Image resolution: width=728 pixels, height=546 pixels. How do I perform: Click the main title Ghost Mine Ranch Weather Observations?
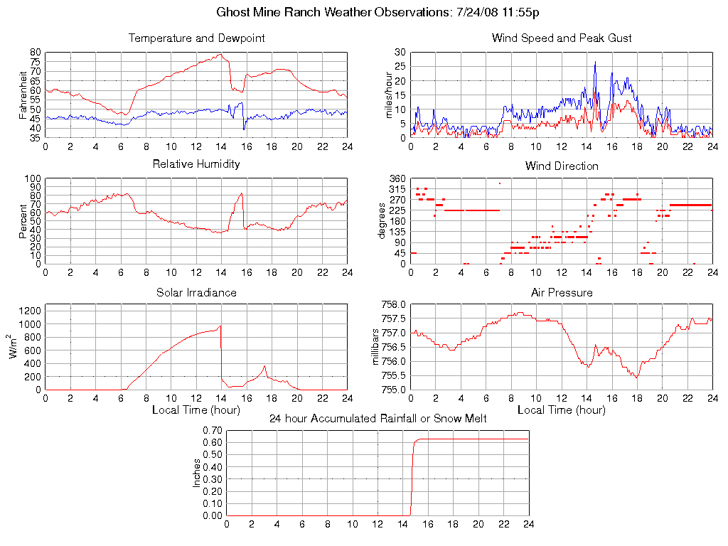pyautogui.click(x=378, y=13)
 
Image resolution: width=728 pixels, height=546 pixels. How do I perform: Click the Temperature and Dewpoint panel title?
pyautogui.click(x=196, y=38)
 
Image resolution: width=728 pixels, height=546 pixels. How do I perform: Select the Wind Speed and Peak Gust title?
pyautogui.click(x=562, y=38)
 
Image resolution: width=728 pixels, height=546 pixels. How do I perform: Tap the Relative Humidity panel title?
pyautogui.click(x=196, y=164)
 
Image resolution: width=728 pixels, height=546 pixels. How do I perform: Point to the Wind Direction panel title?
pyautogui.click(x=562, y=166)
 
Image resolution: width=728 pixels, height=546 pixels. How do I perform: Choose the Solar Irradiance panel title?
pyautogui.click(x=196, y=292)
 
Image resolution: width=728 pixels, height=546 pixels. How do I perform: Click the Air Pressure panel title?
pyautogui.click(x=562, y=292)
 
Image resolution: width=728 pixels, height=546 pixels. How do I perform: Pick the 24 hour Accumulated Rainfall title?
pyautogui.click(x=378, y=419)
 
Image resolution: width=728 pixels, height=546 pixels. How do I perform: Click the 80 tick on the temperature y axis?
pyautogui.click(x=36, y=53)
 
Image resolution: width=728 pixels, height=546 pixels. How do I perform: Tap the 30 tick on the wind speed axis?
pyautogui.click(x=400, y=53)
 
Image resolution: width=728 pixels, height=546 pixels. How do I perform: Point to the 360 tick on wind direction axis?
pyautogui.click(x=397, y=178)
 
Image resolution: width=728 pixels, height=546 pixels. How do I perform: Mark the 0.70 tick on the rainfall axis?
pyautogui.click(x=212, y=430)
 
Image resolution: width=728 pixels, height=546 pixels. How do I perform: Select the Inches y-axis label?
pyautogui.click(x=197, y=473)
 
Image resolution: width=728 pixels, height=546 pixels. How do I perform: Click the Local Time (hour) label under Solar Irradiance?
pyautogui.click(x=196, y=409)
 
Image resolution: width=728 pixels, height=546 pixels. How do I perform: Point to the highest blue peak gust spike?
pyautogui.click(x=595, y=63)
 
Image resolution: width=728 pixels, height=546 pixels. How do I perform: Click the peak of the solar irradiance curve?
pyautogui.click(x=220, y=326)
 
